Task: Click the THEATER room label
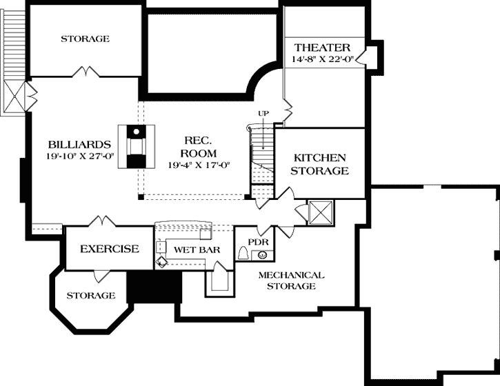322,47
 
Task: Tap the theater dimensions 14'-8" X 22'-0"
322,60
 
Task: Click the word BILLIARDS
80,145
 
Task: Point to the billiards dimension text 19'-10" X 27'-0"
80,156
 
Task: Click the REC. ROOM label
198,147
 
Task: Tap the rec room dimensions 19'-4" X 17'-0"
198,165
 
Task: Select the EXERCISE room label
110,249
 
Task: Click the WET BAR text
197,250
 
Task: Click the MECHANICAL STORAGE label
291,280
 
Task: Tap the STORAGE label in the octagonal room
90,296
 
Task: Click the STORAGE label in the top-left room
84,39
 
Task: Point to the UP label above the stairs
263,113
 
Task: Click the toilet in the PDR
243,254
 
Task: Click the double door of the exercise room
103,221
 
